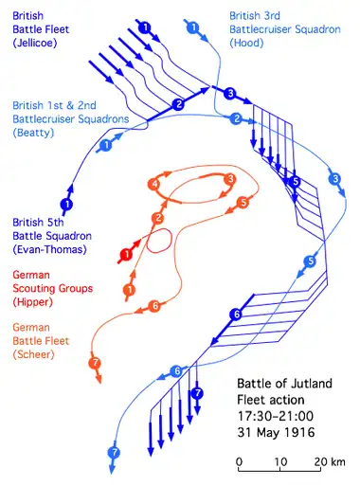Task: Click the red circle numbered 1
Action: [x=127, y=255]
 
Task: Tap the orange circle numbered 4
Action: [x=154, y=184]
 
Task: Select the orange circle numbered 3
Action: [x=230, y=179]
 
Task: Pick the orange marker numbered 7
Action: [x=95, y=363]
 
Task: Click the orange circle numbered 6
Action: [x=154, y=306]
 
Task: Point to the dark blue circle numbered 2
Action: [x=178, y=104]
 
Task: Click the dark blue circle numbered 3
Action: [x=230, y=94]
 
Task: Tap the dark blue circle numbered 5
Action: [x=296, y=182]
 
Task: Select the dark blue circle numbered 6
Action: [x=237, y=314]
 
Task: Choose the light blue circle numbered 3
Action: [x=335, y=179]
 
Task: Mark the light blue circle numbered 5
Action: [x=310, y=261]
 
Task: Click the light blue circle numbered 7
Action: [x=114, y=453]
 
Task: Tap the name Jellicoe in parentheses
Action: [x=35, y=43]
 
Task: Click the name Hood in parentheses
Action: [x=246, y=43]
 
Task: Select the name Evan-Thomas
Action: [x=50, y=249]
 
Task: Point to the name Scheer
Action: [x=33, y=354]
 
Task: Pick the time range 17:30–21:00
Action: [x=276, y=416]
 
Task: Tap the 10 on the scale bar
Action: [x=280, y=462]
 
